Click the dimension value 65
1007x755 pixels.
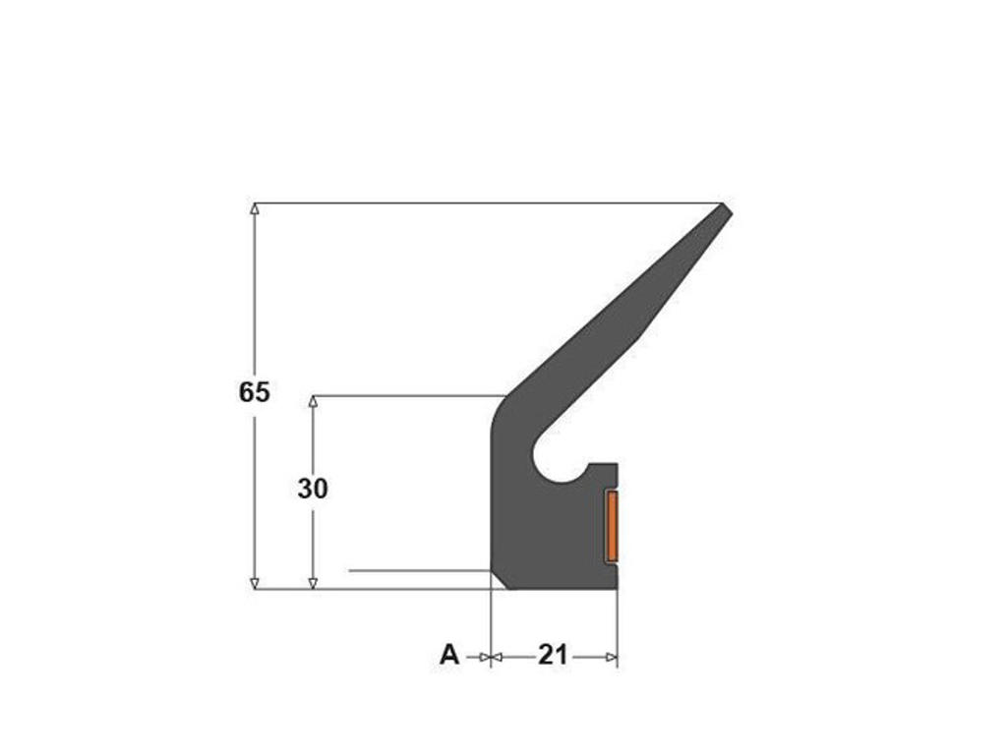(x=255, y=392)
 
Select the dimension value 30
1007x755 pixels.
(x=313, y=490)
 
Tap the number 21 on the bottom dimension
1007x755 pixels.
(x=553, y=656)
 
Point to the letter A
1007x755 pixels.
(x=449, y=656)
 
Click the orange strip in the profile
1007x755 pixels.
(x=612, y=525)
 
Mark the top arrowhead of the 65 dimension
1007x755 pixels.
(x=255, y=208)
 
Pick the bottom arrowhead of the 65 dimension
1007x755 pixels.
(x=255, y=583)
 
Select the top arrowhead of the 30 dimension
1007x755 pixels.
(x=314, y=401)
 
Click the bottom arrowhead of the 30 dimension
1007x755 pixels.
(x=314, y=583)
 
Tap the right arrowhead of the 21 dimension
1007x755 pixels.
(x=612, y=658)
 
